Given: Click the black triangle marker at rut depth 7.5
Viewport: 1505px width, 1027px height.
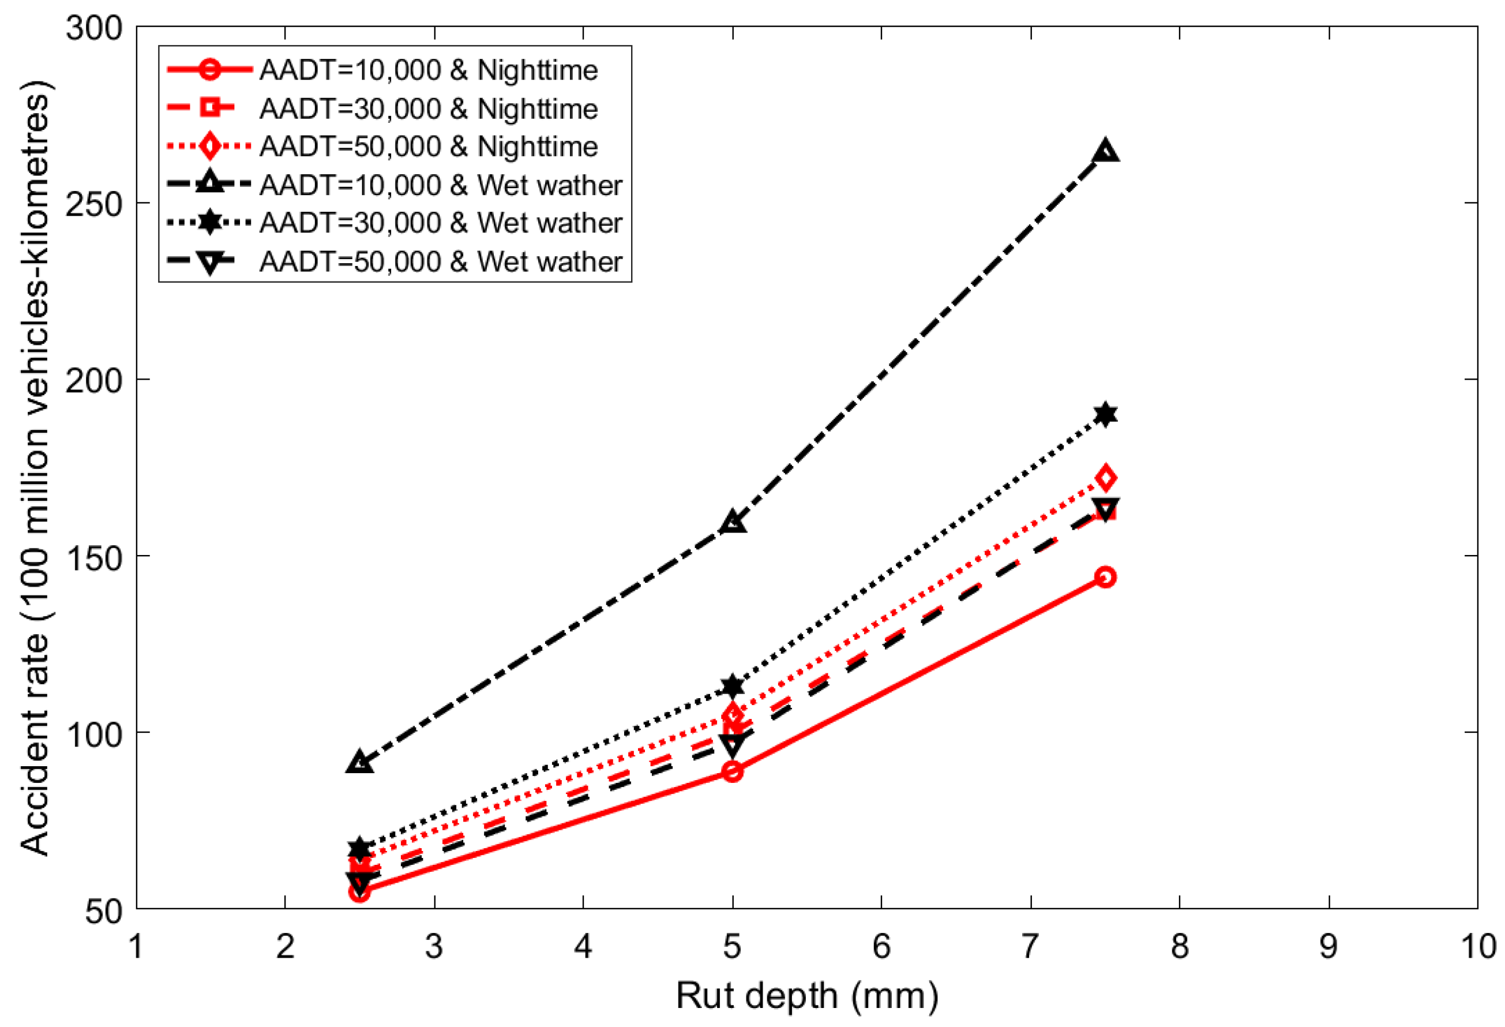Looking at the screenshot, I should coord(1105,151).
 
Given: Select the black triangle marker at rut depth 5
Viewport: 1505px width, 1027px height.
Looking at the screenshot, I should coord(733,521).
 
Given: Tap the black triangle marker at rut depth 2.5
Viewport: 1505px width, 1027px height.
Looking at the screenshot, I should coord(359,763).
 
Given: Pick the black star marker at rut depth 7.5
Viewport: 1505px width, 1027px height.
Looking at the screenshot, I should coord(1105,414).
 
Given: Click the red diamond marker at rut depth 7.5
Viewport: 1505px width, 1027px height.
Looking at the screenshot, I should coord(1105,478).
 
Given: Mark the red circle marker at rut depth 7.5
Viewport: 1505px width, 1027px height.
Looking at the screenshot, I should coord(1105,577).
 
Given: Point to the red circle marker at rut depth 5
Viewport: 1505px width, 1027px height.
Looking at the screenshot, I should coord(733,771).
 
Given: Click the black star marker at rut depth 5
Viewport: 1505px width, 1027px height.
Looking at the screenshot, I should coord(733,686).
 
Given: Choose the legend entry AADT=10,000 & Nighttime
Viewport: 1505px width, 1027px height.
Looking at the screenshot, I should coord(428,70).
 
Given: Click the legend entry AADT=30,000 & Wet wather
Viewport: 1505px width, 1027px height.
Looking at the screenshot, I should coord(440,223).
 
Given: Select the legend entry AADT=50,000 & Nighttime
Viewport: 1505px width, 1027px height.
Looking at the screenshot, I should coord(428,147).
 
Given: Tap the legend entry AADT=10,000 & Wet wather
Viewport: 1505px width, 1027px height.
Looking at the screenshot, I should coord(440,185).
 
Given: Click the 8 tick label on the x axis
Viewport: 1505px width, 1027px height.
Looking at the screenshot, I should coord(1179,947).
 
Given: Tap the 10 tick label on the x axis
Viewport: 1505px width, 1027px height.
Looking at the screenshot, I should coord(1478,947).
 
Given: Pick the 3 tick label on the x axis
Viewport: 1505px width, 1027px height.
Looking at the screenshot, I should coord(434,947).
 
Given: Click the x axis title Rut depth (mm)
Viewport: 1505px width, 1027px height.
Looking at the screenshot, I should coord(807,995).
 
